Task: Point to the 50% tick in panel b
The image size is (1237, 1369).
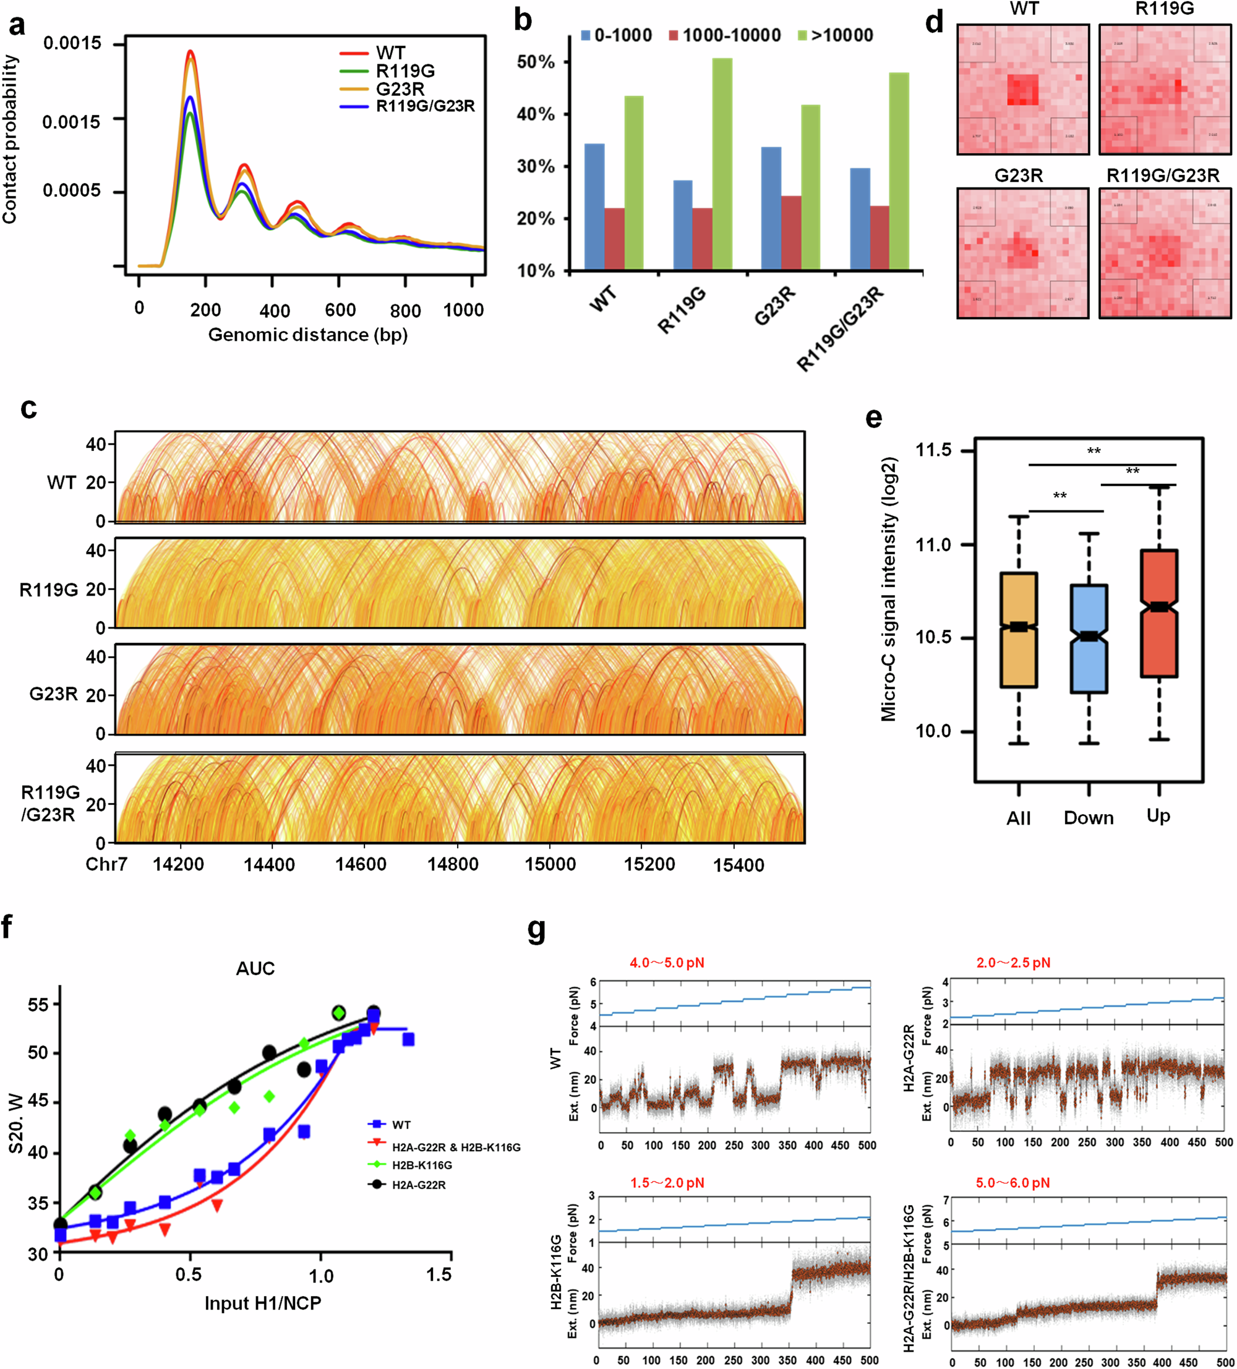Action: (536, 62)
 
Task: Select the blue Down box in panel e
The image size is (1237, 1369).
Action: (1089, 638)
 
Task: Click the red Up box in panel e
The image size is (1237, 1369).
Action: (1158, 613)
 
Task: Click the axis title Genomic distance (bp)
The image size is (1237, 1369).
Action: (307, 335)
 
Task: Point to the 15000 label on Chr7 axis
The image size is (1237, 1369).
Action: (550, 864)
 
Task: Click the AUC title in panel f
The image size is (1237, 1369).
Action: (255, 968)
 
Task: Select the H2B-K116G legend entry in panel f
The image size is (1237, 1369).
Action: (422, 1165)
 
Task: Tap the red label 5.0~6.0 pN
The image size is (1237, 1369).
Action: (1012, 1183)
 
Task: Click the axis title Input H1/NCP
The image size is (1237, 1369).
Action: (263, 1303)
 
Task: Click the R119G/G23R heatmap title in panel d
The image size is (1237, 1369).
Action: (1162, 176)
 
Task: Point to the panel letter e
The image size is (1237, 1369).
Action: (874, 416)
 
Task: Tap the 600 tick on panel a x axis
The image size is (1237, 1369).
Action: (340, 311)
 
